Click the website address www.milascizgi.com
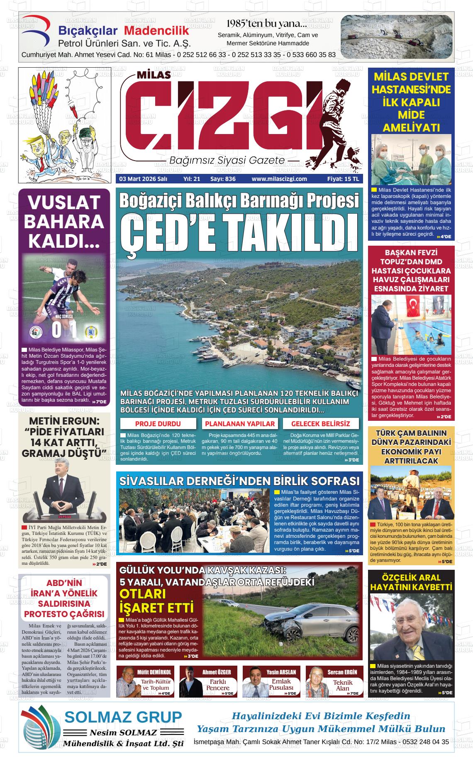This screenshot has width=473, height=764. pyautogui.click(x=279, y=179)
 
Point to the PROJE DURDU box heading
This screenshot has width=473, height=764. pyautogui.click(x=158, y=424)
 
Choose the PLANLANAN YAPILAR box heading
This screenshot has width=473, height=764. pyautogui.click(x=240, y=424)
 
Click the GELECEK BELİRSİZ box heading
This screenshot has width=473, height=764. pyautogui.click(x=320, y=424)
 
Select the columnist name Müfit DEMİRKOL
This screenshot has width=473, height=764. pyautogui.click(x=154, y=672)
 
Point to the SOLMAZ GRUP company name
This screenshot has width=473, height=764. pyautogui.click(x=123, y=717)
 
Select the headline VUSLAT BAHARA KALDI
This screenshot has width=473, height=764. pyautogui.click(x=64, y=221)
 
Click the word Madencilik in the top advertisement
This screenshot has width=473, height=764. pyautogui.click(x=156, y=31)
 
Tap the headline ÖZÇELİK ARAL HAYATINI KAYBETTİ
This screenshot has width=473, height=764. pyautogui.click(x=411, y=582)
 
